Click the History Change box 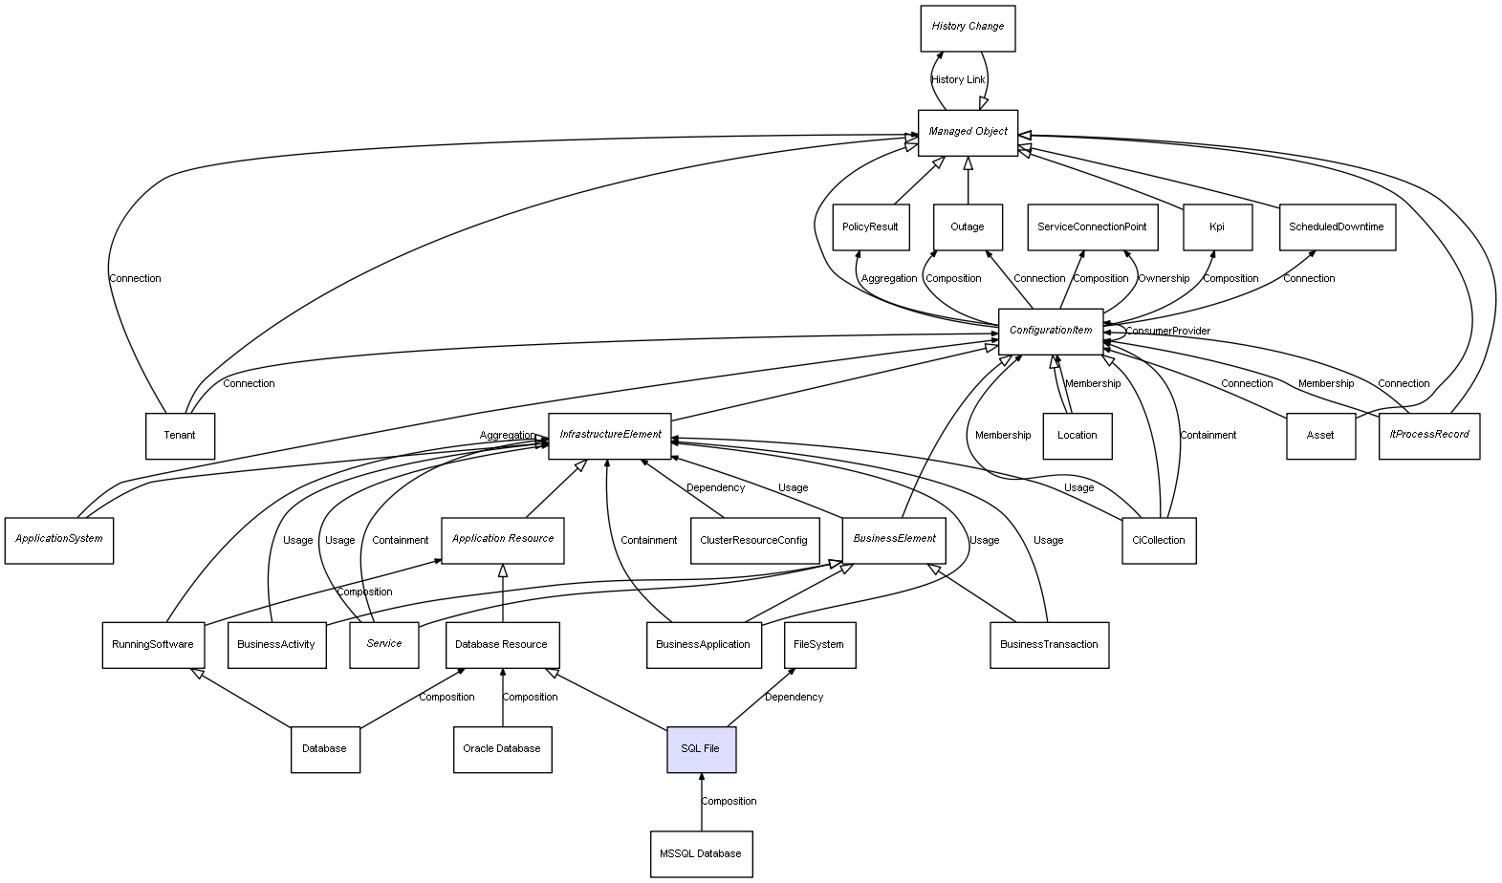[968, 28]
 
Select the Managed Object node [968, 132]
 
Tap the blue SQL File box [701, 749]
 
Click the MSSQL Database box [701, 853]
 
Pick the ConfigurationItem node [1051, 331]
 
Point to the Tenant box [180, 436]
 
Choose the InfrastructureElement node [610, 436]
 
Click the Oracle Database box [502, 749]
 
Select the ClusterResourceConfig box [753, 540]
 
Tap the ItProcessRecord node [1430, 436]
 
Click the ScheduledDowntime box [1337, 227]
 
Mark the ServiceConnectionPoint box [1093, 227]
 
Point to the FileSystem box [819, 645]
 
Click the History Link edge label [958, 80]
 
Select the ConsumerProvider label [1167, 332]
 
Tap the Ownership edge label [1164, 279]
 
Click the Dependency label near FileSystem [794, 698]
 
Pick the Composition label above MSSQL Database [729, 802]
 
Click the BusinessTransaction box [1049, 645]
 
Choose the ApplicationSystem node [59, 540]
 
